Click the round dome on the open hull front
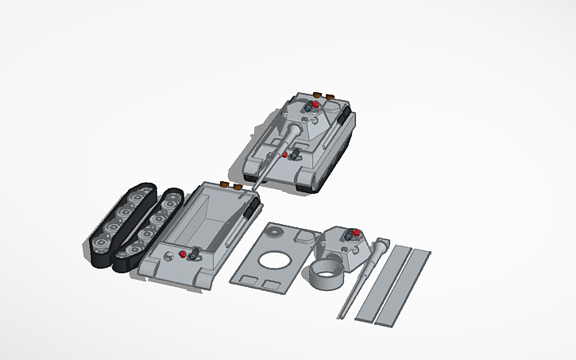coord(169,257)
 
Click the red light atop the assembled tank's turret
coord(315,104)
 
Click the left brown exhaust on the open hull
coord(225,184)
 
